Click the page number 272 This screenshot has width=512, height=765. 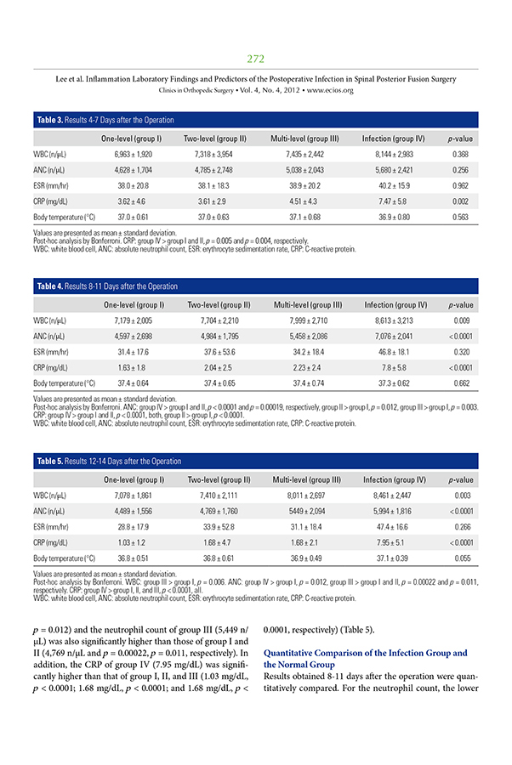[x=255, y=59]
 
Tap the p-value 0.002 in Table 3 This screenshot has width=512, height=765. [x=460, y=201]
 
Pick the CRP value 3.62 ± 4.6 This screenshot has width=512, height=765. [x=132, y=201]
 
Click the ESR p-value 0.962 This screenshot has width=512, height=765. [x=460, y=187]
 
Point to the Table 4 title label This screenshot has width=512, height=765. [x=106, y=286]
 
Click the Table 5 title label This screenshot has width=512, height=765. [x=108, y=461]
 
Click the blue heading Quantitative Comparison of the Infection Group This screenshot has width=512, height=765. [x=366, y=653]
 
